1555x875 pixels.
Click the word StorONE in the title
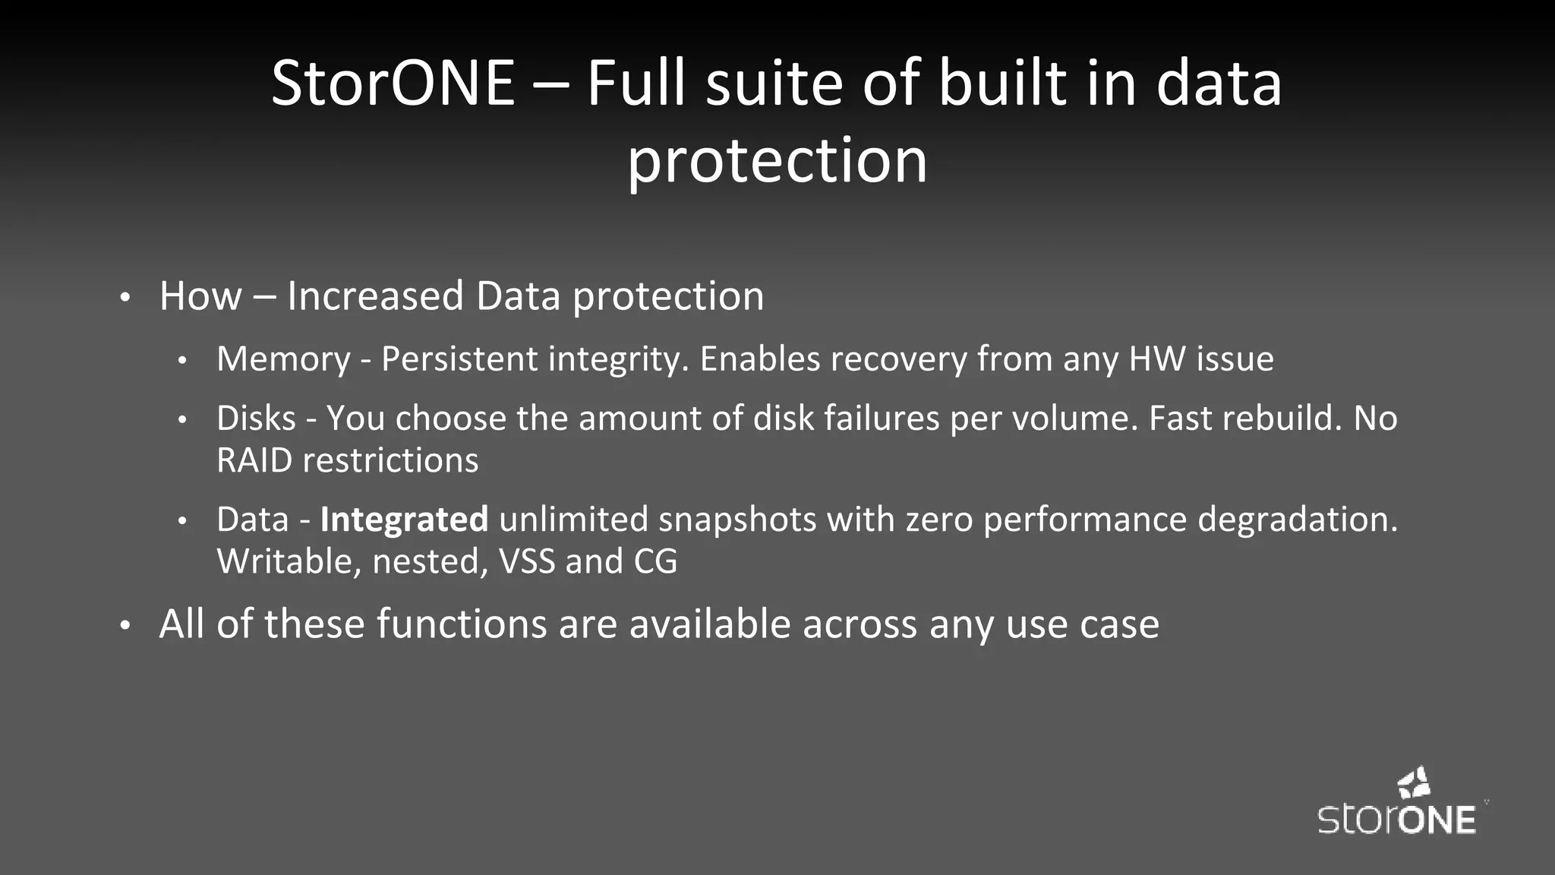pos(393,84)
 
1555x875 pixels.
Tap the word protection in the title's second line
pos(777,161)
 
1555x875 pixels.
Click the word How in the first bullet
pos(200,296)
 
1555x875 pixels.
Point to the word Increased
pos(375,296)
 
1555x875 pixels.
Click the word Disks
pos(256,419)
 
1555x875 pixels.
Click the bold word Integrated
pos(404,520)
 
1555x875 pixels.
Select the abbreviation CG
pos(655,562)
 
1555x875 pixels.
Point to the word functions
pos(462,624)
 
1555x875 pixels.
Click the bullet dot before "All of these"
pos(126,626)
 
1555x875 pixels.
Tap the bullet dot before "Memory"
pos(182,361)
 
